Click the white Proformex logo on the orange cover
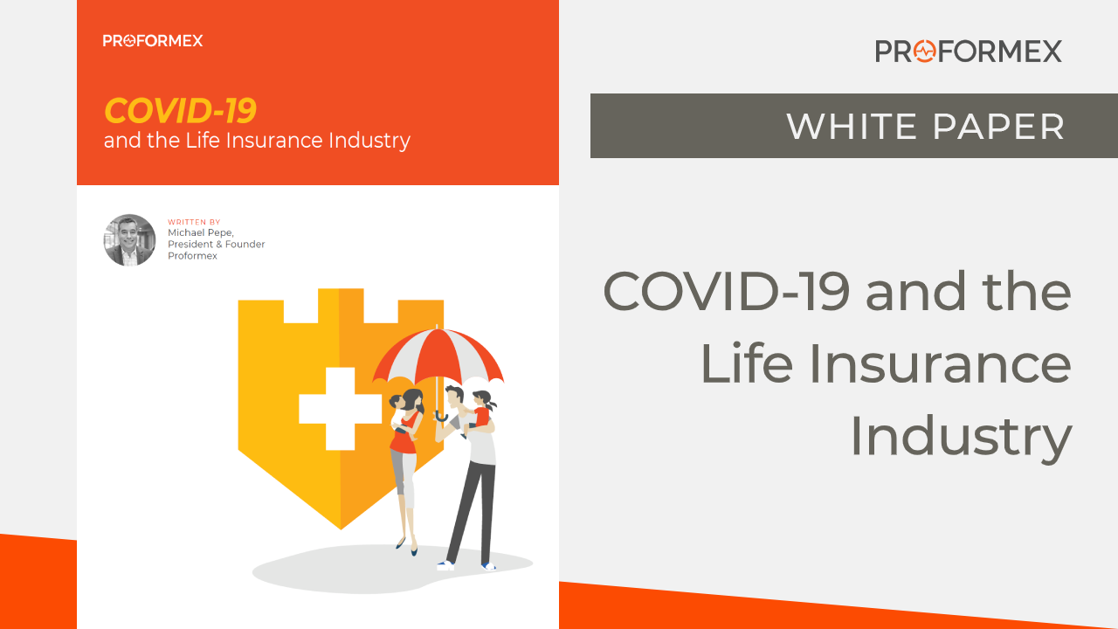[153, 40]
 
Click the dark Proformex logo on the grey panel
[969, 51]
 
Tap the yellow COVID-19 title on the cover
[180, 110]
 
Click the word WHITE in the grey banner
[852, 127]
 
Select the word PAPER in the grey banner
[998, 127]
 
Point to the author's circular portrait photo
[129, 240]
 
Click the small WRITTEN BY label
[194, 222]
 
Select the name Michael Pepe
[201, 232]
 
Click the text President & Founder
[216, 244]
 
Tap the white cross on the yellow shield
[341, 409]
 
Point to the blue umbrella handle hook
[441, 416]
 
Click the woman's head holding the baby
[413, 400]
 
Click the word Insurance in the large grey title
[940, 363]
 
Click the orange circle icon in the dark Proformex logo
[925, 51]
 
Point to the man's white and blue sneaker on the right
[488, 566]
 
